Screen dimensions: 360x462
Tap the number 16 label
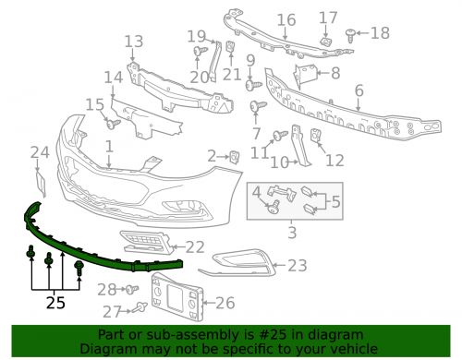pyautogui.click(x=286, y=19)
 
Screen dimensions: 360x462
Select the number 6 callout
pyautogui.click(x=359, y=90)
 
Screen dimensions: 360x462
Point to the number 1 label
pyautogui.click(x=109, y=146)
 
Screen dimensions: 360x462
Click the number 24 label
pyautogui.click(x=38, y=152)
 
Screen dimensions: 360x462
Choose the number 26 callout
pyautogui.click(x=225, y=302)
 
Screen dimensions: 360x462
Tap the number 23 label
pyautogui.click(x=297, y=266)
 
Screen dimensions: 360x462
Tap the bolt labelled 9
pyautogui.click(x=250, y=84)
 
